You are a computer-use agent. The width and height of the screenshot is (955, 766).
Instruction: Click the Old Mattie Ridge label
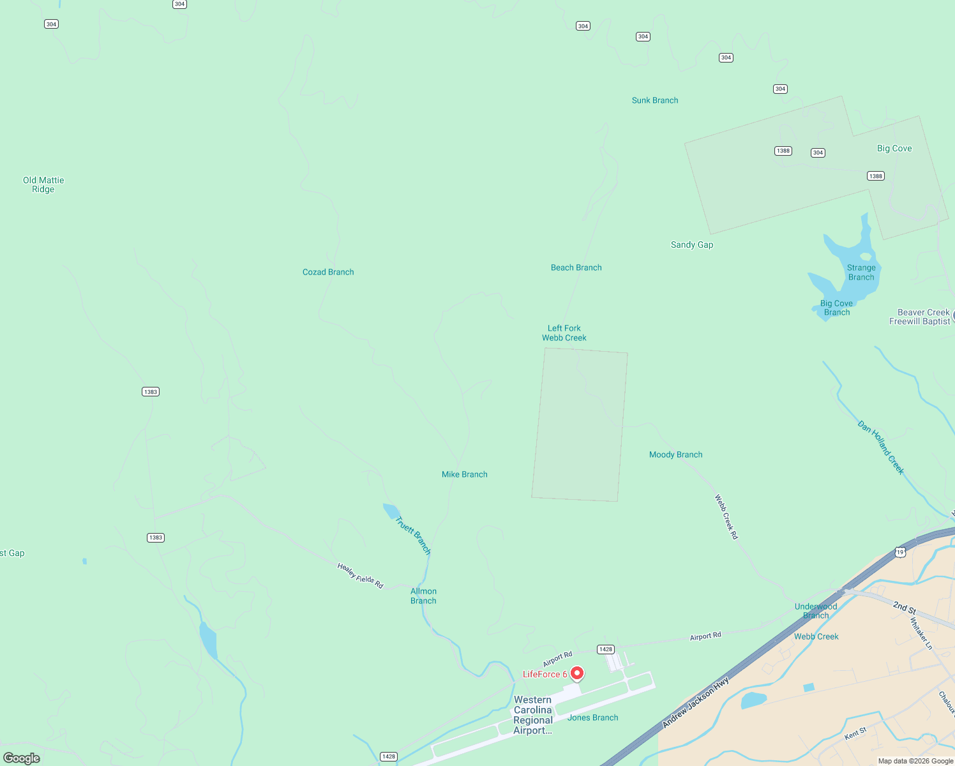[x=43, y=184]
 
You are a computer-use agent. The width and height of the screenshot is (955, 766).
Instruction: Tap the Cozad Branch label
[x=328, y=272]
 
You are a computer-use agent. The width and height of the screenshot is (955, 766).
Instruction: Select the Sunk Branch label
[x=655, y=100]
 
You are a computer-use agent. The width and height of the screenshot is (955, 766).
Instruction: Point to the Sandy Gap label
[x=692, y=244]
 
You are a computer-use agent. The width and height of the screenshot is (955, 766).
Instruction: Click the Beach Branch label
[x=576, y=267]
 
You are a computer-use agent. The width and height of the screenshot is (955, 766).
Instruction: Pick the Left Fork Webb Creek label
[x=564, y=333]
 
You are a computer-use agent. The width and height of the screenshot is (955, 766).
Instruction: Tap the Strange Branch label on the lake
[x=861, y=273]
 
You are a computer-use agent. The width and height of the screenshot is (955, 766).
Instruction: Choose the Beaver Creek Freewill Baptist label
[x=920, y=317]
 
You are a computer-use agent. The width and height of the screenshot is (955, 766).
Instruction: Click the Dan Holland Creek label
[x=881, y=447]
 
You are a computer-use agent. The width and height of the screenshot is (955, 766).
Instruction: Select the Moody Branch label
[x=675, y=454]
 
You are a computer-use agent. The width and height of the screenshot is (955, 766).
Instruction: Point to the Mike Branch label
[x=464, y=474]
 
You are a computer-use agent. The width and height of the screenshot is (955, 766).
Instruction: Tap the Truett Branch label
[x=413, y=536]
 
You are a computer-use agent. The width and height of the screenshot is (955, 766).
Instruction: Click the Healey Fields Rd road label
[x=360, y=575]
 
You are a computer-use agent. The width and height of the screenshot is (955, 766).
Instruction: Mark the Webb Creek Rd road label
[x=726, y=517]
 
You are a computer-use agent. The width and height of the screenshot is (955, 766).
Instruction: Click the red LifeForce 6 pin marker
[x=577, y=673]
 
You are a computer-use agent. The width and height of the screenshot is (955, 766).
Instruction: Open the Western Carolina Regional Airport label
[x=533, y=715]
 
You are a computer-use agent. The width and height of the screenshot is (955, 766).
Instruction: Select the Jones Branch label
[x=592, y=717]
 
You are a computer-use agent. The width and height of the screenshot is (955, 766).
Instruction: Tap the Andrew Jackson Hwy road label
[x=695, y=703]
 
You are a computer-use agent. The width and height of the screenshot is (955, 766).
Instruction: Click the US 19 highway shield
[x=900, y=552]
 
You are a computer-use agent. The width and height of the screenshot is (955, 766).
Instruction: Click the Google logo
[x=22, y=758]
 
